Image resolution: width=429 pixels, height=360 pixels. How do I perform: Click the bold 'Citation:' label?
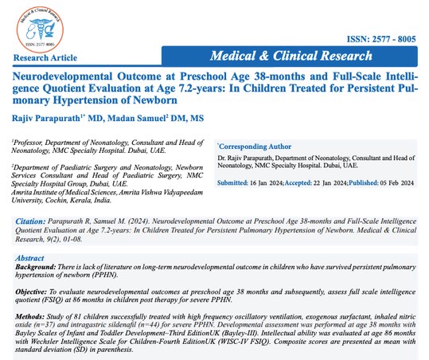pyautogui.click(x=31, y=216)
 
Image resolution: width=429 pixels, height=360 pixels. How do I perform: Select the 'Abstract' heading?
pyautogui.click(x=31, y=258)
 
